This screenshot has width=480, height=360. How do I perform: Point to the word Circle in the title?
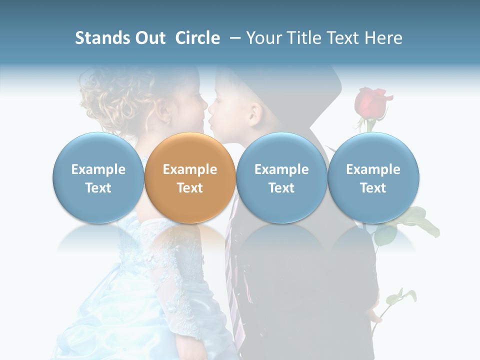click(x=197, y=38)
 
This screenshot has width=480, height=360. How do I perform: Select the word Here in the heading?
click(x=384, y=38)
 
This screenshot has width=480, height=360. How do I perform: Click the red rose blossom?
click(x=370, y=103)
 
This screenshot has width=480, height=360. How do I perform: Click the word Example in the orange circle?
click(x=189, y=169)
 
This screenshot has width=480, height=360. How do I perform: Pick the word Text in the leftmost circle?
click(x=98, y=188)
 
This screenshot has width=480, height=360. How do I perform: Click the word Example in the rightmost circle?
click(x=373, y=169)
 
